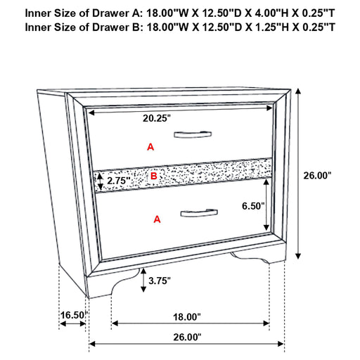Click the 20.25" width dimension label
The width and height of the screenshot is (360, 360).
(157, 119)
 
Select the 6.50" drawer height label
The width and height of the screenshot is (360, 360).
(252, 206)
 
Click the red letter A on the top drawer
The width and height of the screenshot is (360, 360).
(149, 146)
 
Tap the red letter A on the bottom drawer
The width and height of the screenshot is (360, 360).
(157, 220)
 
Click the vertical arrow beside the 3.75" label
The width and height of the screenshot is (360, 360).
(143, 281)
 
